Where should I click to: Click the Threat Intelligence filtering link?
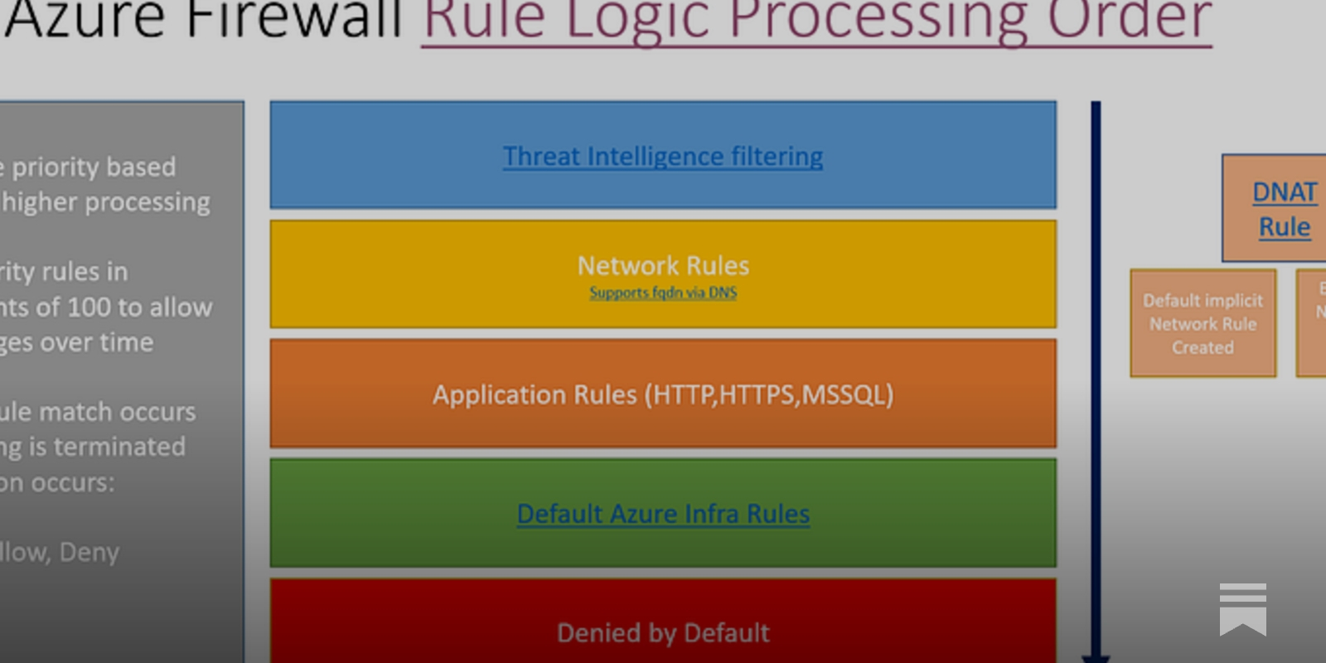663,156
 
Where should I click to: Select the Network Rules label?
663,266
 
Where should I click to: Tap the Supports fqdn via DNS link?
663,293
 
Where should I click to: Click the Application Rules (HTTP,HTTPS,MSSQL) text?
663,394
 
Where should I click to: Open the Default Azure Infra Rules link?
663,514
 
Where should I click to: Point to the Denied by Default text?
663,633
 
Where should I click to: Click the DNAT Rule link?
1284,209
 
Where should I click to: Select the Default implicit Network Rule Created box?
1203,323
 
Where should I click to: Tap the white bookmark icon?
1242,609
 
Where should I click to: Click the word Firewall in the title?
295,18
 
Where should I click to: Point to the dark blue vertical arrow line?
1096,373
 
